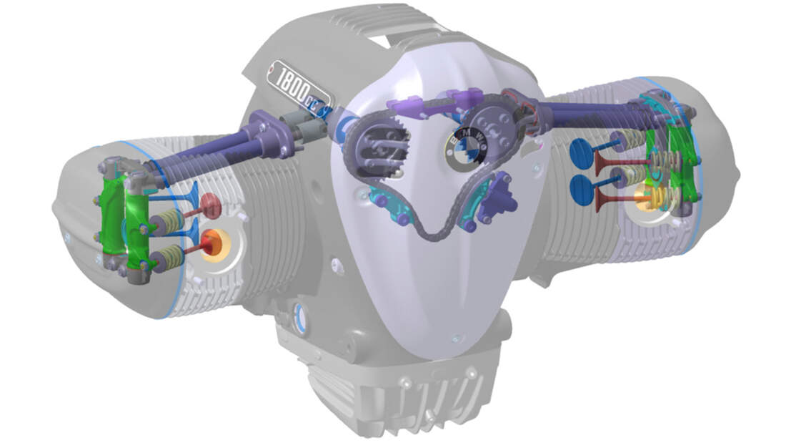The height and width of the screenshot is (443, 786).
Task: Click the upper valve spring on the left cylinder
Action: pyautogui.click(x=167, y=221)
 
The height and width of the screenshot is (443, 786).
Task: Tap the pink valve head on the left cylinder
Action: pyautogui.click(x=210, y=205)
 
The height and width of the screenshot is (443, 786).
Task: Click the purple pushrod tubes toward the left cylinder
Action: pyautogui.click(x=207, y=154)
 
